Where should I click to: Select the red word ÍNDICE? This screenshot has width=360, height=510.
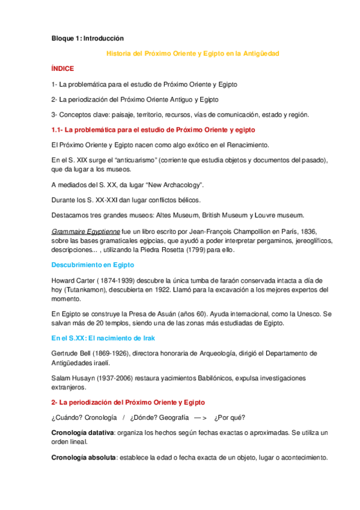click(x=63, y=69)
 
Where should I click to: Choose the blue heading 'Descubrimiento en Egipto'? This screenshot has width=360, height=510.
click(x=93, y=265)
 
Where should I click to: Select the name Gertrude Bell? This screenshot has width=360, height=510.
click(x=73, y=353)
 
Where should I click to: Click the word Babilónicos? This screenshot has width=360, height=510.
click(x=215, y=378)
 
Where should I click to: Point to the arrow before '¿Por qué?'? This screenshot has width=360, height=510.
click(x=200, y=418)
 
